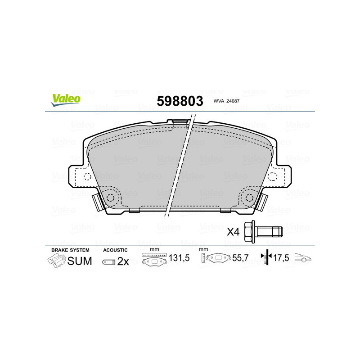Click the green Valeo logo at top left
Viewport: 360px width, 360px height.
pos(66,100)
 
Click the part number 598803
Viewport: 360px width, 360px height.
pos(180,101)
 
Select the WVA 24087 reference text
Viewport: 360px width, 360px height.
pos(228,102)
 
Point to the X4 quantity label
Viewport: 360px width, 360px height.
pos(232,232)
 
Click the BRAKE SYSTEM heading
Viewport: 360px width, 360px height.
pos(70,250)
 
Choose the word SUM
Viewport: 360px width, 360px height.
pos(80,261)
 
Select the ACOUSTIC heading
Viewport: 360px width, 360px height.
pos(116,250)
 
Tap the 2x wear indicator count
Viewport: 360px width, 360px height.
pos(123,261)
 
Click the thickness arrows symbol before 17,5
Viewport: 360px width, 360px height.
pos(267,258)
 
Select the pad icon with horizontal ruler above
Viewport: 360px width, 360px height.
pos(154,260)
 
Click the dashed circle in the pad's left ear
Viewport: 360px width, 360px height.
pos(87,176)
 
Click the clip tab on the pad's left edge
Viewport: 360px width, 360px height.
pos(97,202)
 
